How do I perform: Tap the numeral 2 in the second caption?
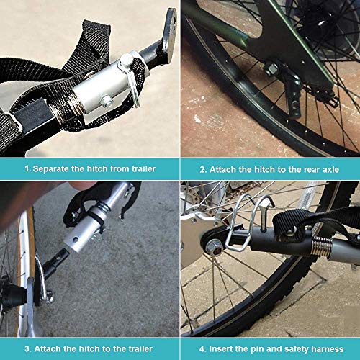[x=202, y=169]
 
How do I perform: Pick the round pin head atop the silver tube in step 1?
[x=128, y=59]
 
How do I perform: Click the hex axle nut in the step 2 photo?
[x=274, y=70]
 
